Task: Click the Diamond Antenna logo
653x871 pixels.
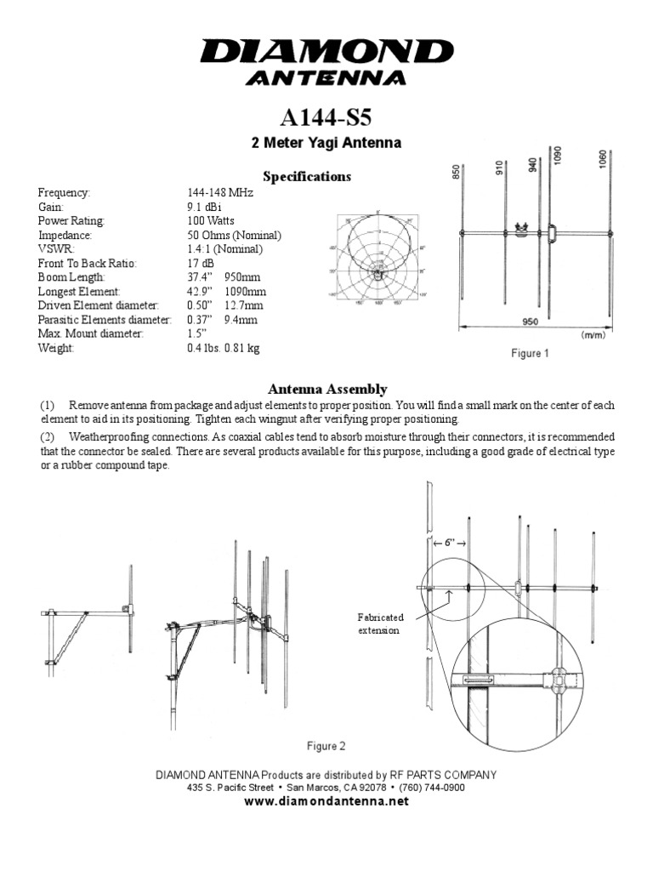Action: [x=326, y=61]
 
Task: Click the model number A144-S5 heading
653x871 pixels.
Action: [x=326, y=116]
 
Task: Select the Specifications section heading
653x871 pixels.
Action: [x=307, y=177]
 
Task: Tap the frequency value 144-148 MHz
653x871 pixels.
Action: [x=220, y=193]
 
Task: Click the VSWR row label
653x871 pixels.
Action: [x=55, y=249]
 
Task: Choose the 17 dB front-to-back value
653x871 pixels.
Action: [x=202, y=263]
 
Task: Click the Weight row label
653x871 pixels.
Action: [x=58, y=348]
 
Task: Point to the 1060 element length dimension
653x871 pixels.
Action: [x=602, y=161]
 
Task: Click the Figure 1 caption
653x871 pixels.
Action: [x=529, y=354]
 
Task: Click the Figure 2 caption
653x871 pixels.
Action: [x=326, y=747]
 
